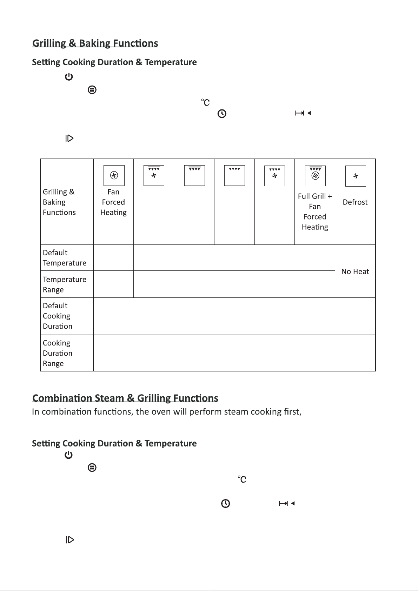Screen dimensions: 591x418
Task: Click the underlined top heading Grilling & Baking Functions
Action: coord(95,43)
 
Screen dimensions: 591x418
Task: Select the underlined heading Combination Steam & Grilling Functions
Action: coord(125,398)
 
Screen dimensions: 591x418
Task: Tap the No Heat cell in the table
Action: coord(355,271)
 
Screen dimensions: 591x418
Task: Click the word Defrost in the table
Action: coord(355,202)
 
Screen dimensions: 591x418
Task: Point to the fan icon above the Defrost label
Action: coord(356,176)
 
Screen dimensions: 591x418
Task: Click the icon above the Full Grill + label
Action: coord(315,176)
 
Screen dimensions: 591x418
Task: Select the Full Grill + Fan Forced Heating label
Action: coord(315,211)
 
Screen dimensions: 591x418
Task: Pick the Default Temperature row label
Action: coord(65,258)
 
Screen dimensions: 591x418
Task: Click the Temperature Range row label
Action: coord(65,284)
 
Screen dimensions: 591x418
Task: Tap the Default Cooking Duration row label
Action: coord(58,316)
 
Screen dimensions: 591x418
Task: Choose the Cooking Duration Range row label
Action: coord(58,353)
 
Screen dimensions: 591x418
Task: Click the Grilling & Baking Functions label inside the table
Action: coord(59,202)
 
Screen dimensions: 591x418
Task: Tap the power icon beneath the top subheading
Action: coord(69,77)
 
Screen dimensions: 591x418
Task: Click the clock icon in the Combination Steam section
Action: coord(225,504)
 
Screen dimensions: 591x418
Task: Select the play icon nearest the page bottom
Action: coord(70,540)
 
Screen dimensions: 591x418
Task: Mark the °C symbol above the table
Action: coord(206,102)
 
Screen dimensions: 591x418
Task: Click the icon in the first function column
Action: coord(114,175)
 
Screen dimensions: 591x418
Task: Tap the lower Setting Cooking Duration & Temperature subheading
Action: coord(114,443)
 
